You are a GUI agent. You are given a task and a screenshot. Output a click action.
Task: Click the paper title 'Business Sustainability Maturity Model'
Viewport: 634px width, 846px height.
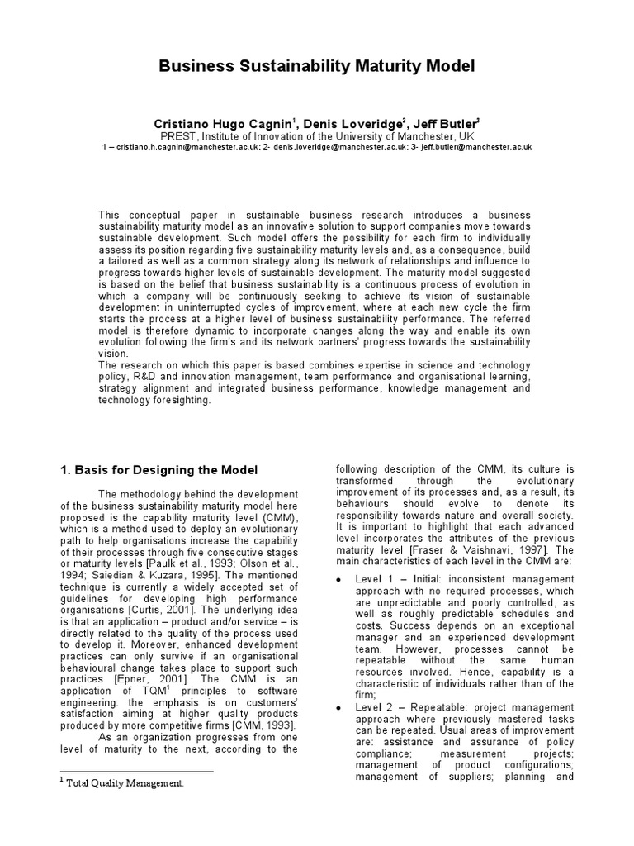[317, 65]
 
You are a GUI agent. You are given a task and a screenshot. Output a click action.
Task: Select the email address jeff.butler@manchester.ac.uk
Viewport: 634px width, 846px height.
[471, 146]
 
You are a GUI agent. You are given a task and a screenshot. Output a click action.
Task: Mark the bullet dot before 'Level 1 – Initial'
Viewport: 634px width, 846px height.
[339, 580]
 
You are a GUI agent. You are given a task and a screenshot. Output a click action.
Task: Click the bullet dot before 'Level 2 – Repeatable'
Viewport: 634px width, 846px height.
[339, 707]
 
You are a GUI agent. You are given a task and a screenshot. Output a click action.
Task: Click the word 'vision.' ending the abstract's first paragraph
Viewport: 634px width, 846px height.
[114, 352]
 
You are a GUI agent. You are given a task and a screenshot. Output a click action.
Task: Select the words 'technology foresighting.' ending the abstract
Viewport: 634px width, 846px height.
[154, 400]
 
